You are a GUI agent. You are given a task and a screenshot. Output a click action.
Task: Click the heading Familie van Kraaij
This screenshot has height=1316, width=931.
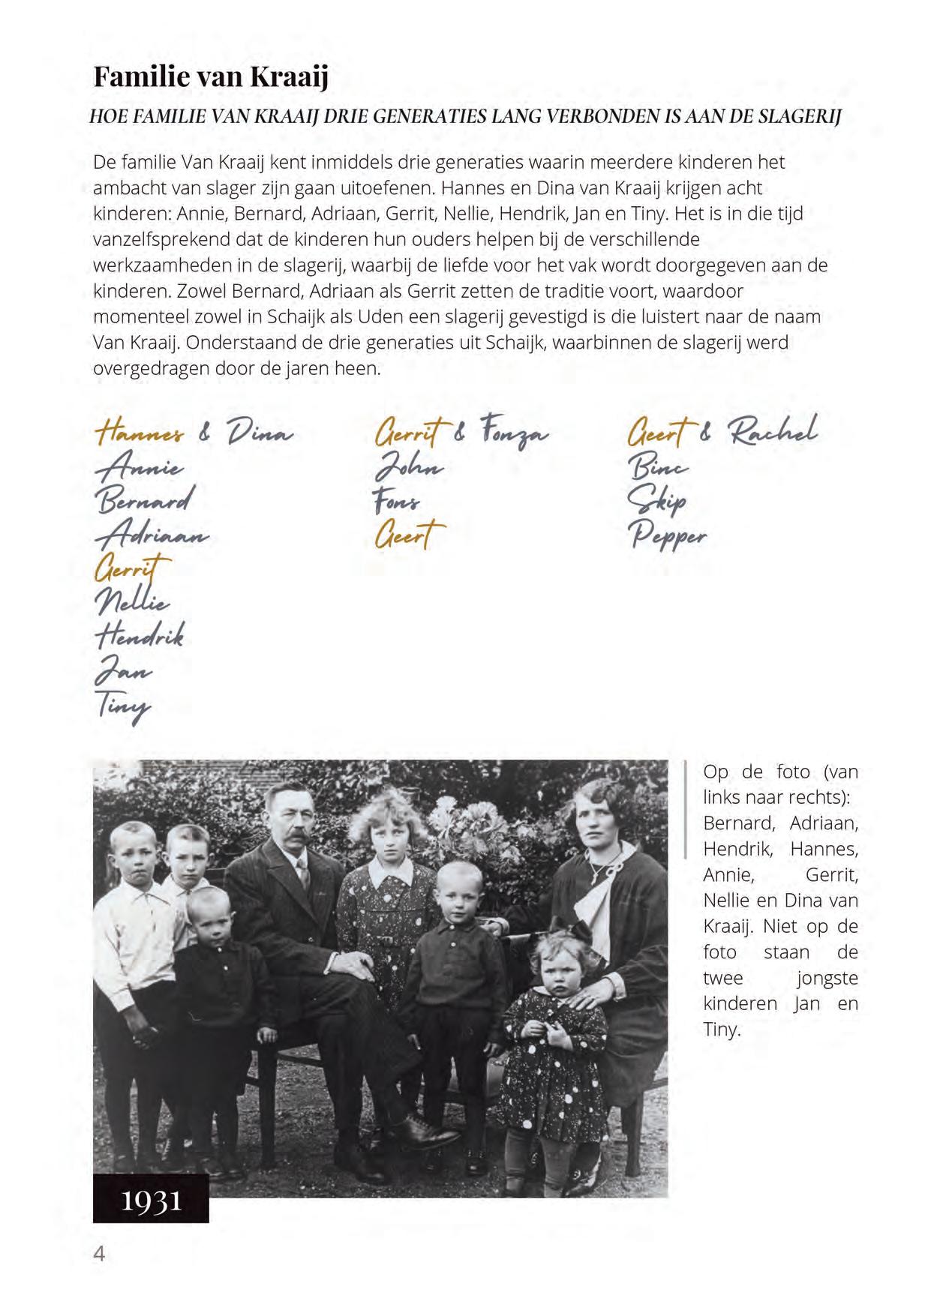click(x=211, y=77)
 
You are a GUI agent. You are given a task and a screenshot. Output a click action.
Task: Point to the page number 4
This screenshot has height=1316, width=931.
click(x=99, y=1253)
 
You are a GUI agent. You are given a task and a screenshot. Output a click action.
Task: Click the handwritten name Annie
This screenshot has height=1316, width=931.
click(x=140, y=468)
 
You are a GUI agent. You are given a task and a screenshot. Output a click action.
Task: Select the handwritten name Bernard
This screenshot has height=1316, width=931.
click(x=145, y=500)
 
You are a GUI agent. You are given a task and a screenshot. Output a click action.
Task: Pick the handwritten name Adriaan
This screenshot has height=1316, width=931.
click(x=152, y=535)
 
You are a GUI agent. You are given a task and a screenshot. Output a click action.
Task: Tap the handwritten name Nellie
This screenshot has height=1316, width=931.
click(x=133, y=602)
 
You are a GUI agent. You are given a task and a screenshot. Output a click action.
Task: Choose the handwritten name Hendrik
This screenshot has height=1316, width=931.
click(x=140, y=636)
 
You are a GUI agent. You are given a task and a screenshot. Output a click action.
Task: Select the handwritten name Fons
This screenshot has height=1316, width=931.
click(x=397, y=502)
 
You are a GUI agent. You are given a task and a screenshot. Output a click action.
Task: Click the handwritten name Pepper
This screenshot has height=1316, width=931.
click(x=668, y=535)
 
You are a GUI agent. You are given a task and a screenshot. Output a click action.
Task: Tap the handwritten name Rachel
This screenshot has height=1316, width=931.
click(x=773, y=431)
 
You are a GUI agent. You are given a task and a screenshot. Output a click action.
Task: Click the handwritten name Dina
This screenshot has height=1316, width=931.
click(x=259, y=433)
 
